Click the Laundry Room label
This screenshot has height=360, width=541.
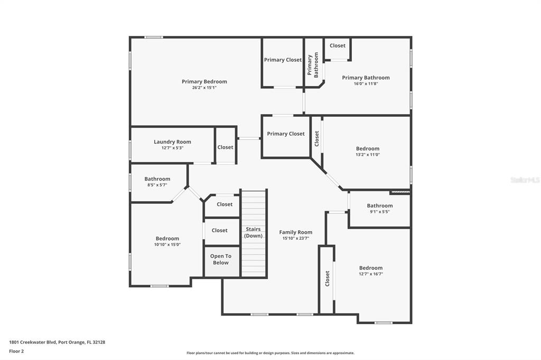pyautogui.click(x=172, y=141)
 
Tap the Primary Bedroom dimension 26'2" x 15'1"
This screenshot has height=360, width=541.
pyautogui.click(x=204, y=88)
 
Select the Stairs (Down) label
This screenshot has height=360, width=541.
pyautogui.click(x=253, y=232)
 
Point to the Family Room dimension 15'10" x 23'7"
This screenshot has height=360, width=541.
pyautogui.click(x=296, y=238)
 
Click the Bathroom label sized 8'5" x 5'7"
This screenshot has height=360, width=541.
pyautogui.click(x=157, y=179)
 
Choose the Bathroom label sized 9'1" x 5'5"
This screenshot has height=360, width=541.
pyautogui.click(x=379, y=206)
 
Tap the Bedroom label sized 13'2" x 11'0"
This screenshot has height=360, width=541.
pyautogui.click(x=368, y=149)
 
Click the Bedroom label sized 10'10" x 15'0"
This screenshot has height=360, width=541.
pyautogui.click(x=167, y=239)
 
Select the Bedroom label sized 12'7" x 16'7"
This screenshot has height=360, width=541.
pyautogui.click(x=371, y=268)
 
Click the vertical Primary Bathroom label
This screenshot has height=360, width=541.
pyautogui.click(x=313, y=65)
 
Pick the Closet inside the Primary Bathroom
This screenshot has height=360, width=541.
pyautogui.click(x=338, y=45)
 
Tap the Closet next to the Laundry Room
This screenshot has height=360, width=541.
pyautogui.click(x=225, y=147)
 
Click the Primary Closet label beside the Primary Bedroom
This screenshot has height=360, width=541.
pyautogui.click(x=283, y=60)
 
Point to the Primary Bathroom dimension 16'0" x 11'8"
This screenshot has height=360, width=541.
pyautogui.click(x=366, y=83)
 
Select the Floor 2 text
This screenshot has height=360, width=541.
pyautogui.click(x=16, y=352)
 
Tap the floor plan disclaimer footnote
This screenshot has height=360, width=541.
pyautogui.click(x=270, y=353)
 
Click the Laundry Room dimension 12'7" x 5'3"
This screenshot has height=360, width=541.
pyautogui.click(x=173, y=148)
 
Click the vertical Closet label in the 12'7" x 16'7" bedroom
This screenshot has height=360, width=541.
pyautogui.click(x=328, y=278)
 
